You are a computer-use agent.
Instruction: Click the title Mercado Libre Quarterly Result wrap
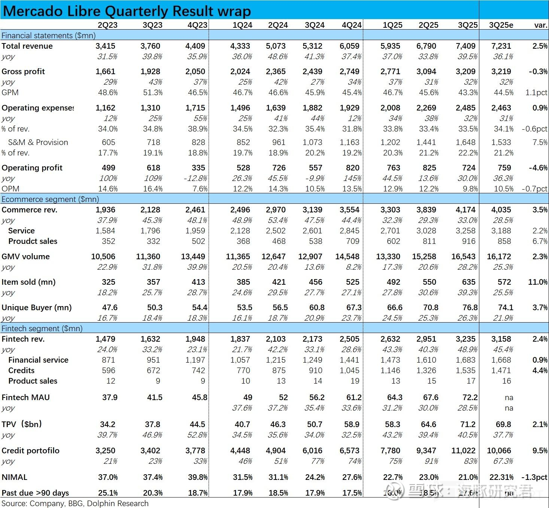click(127, 11)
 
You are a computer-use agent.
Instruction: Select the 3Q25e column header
click(501, 25)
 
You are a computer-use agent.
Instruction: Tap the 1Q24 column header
click(242, 25)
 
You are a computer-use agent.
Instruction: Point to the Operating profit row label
click(32, 168)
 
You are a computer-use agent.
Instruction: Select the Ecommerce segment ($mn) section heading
click(50, 199)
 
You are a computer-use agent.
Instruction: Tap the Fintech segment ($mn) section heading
click(42, 329)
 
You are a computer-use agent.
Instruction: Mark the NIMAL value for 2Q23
click(108, 477)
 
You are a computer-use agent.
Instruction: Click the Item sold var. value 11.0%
click(538, 282)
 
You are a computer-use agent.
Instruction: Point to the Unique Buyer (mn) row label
click(36, 308)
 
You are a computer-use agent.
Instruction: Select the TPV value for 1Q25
click(392, 424)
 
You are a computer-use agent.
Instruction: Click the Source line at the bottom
click(75, 503)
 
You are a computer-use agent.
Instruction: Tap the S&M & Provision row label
click(38, 142)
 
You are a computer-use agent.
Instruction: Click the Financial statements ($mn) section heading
click(48, 36)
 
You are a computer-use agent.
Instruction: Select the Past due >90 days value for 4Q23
click(197, 493)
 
